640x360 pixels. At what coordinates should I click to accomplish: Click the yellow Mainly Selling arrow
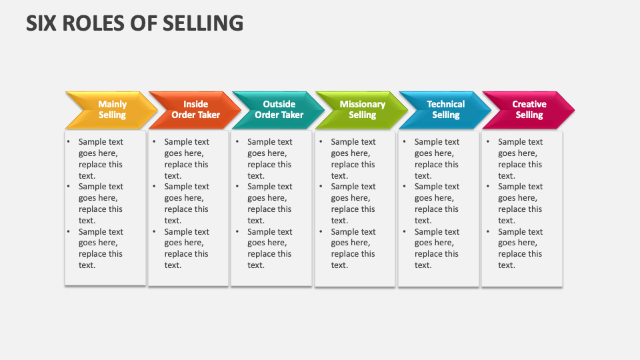coord(103,110)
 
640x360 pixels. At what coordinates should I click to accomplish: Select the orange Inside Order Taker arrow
coord(193,110)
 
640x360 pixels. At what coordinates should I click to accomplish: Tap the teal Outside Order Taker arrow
coord(277,110)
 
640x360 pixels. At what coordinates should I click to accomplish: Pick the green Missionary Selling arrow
coord(361,110)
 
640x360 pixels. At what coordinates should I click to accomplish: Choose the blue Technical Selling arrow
coord(444,110)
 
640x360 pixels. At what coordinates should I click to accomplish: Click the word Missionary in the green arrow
coord(362,104)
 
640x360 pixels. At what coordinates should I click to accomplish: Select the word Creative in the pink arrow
coord(529,104)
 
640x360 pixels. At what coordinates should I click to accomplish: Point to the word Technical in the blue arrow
coord(445,104)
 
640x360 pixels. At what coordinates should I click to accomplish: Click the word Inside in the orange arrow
coord(195,104)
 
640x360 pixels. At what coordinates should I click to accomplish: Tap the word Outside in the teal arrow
coord(279,104)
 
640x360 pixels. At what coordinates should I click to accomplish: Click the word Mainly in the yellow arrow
coord(112,104)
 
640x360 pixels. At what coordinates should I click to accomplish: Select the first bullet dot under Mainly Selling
coord(68,141)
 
